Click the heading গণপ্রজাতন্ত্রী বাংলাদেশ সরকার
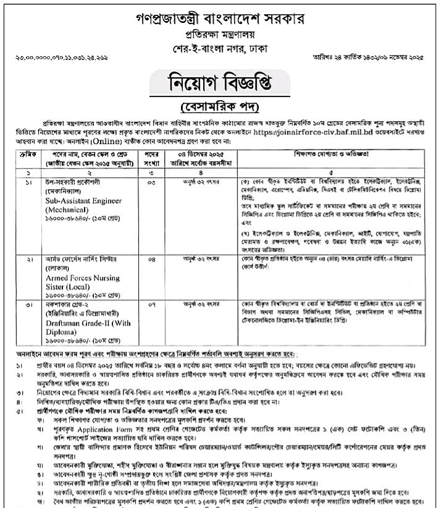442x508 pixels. [x=221, y=13]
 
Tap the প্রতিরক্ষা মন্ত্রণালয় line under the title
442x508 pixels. [x=221, y=31]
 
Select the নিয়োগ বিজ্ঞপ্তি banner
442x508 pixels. [x=220, y=81]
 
